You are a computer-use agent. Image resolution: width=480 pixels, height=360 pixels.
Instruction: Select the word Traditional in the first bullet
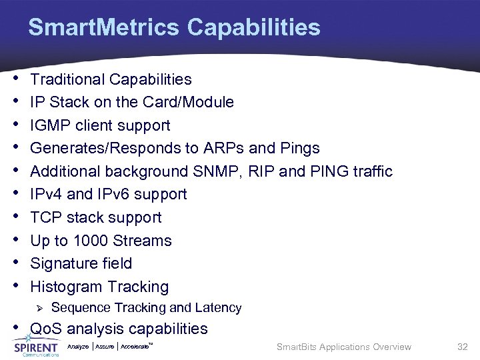click(x=67, y=79)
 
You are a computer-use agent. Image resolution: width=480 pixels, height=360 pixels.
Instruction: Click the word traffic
click(x=368, y=171)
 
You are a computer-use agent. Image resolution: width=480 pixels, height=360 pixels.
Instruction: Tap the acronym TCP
click(x=45, y=217)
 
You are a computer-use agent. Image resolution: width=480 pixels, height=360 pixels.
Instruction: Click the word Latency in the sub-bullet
click(x=218, y=308)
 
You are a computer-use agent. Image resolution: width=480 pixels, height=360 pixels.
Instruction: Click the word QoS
click(x=45, y=329)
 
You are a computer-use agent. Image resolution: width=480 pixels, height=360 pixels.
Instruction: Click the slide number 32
click(x=463, y=347)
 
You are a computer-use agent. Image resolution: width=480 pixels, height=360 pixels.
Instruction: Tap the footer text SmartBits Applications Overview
click(x=343, y=347)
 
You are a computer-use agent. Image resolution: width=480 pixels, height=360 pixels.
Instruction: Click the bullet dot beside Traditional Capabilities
click(x=15, y=78)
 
